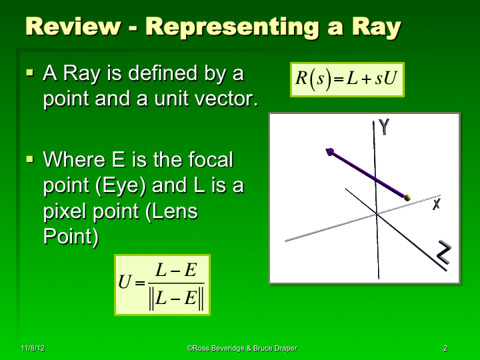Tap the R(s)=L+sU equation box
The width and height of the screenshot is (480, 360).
click(x=347, y=79)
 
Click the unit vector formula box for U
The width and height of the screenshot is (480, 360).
click(x=162, y=285)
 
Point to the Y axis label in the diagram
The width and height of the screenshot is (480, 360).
click(x=383, y=127)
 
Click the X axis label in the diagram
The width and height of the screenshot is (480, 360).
click(x=436, y=204)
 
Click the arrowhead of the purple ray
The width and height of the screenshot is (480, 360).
click(x=330, y=153)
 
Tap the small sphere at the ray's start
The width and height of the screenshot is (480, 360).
click(x=407, y=197)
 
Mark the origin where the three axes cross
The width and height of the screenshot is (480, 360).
click(x=377, y=213)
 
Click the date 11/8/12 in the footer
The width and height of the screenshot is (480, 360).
click(x=32, y=349)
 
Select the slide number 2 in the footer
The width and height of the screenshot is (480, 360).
click(x=445, y=349)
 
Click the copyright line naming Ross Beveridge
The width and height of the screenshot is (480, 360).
click(x=241, y=349)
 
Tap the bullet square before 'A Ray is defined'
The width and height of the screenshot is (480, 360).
click(x=30, y=71)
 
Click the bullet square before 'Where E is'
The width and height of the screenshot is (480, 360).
click(x=30, y=159)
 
